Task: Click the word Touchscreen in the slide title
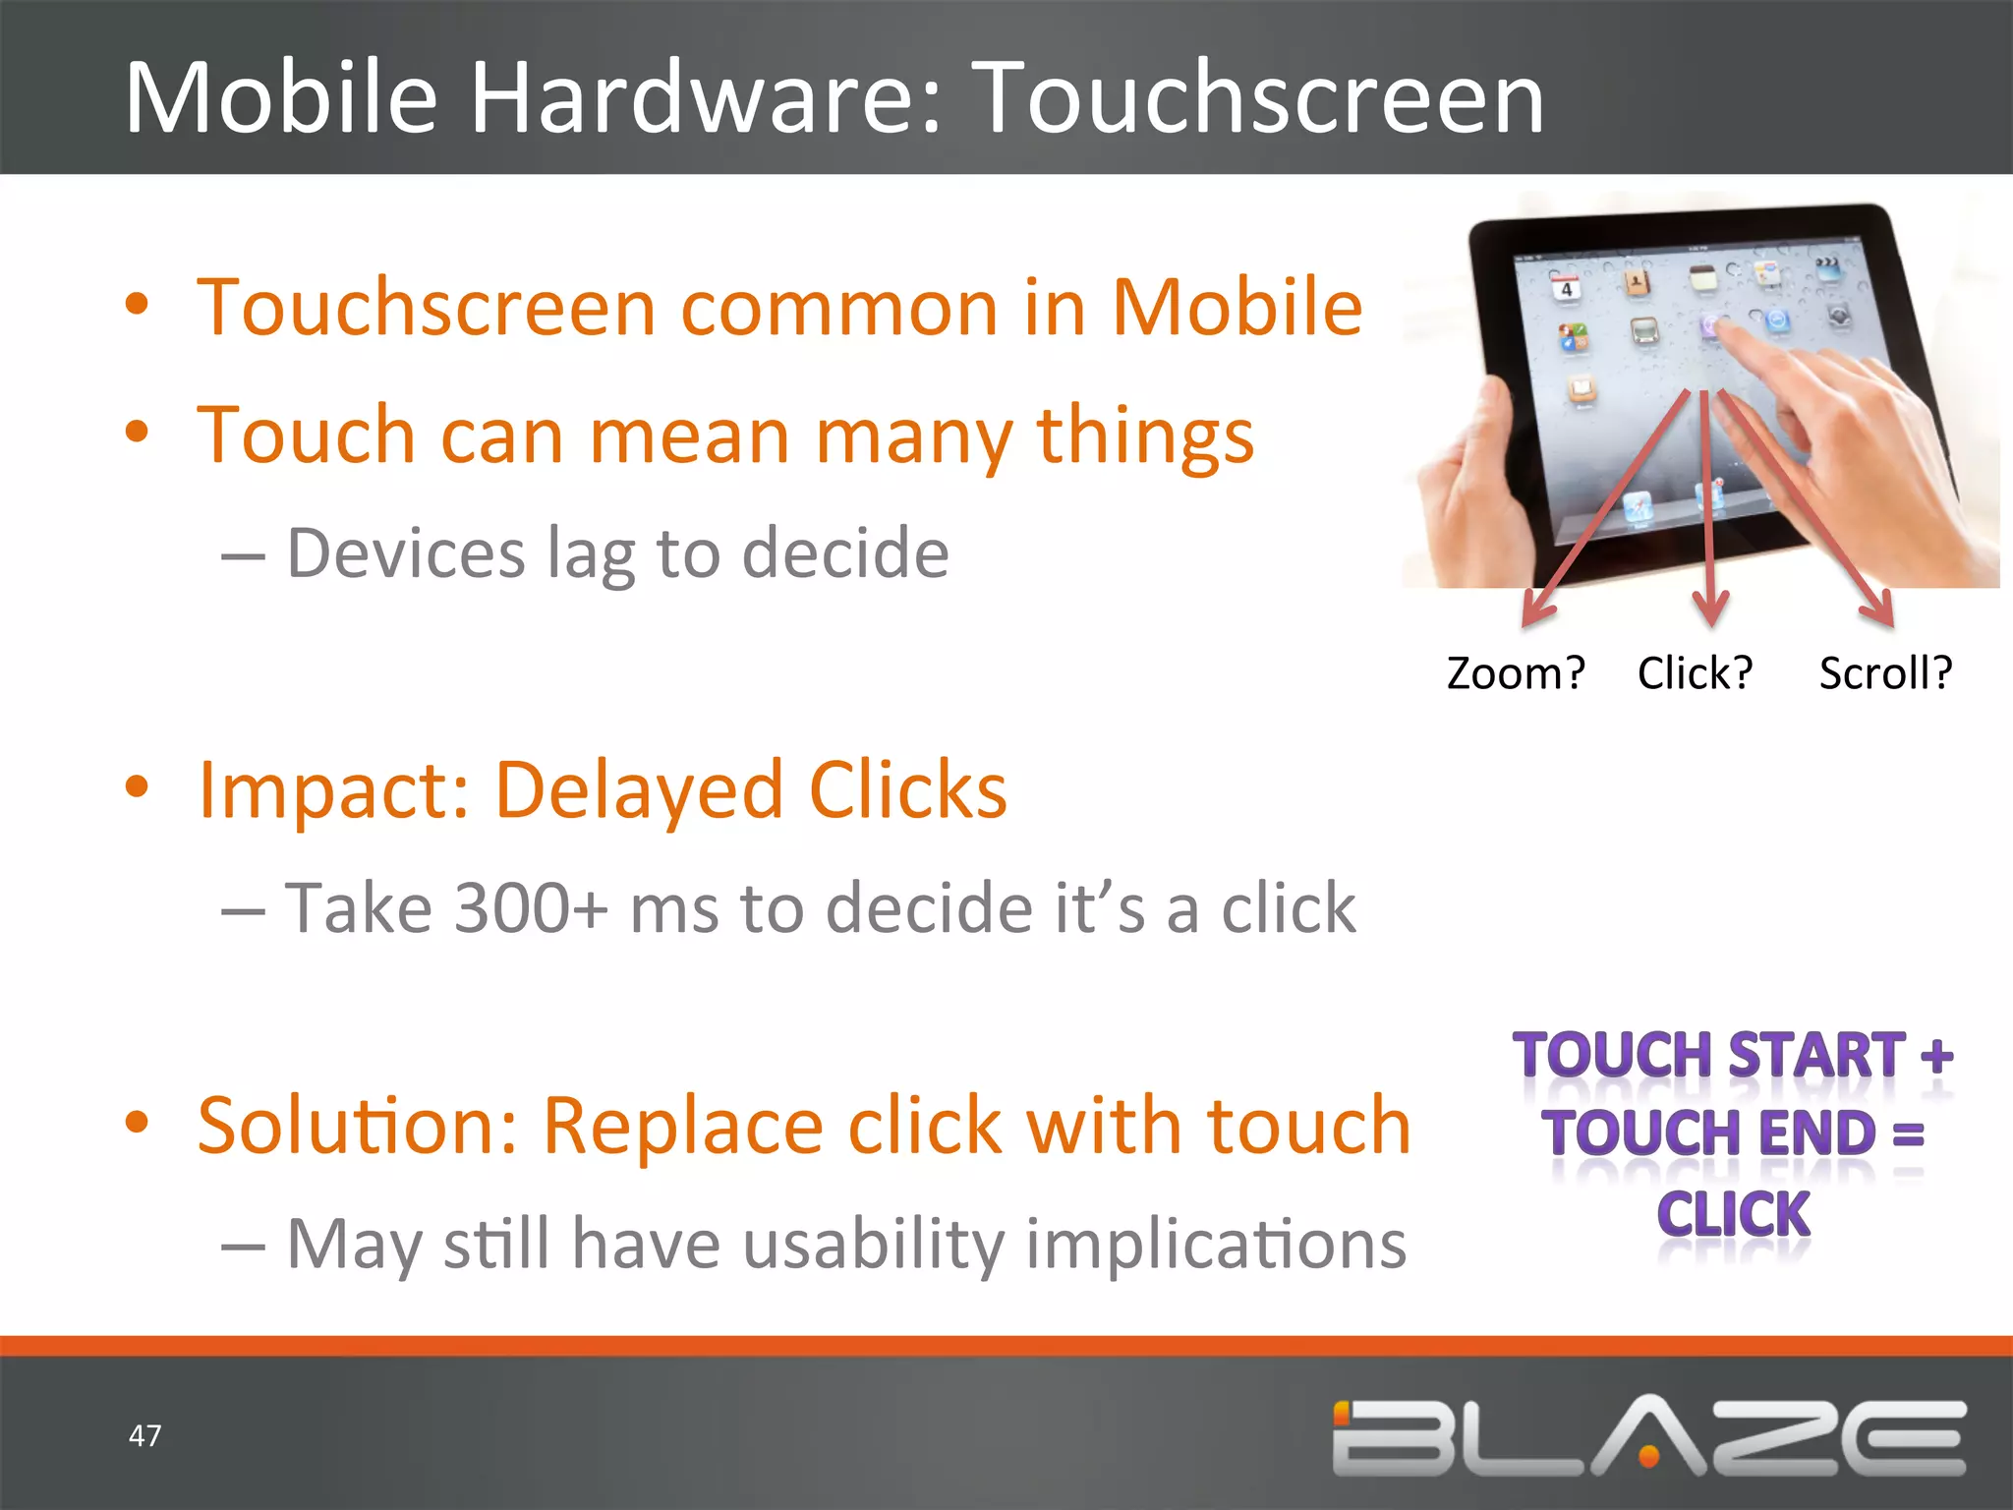pos(1263,98)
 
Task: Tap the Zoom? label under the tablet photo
pos(1516,673)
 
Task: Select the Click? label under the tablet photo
pos(1695,673)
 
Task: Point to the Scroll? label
pos(1885,673)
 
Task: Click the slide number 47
pos(144,1435)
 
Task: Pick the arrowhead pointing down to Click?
pos(1710,610)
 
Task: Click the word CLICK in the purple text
pos(1734,1214)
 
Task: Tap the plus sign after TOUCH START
pos(1936,1056)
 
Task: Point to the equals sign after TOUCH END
pos(1909,1133)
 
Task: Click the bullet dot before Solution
pos(138,1121)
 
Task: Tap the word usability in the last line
pos(875,1245)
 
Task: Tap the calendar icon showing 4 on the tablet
pos(1566,287)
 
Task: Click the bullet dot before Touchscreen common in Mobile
pos(138,304)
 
